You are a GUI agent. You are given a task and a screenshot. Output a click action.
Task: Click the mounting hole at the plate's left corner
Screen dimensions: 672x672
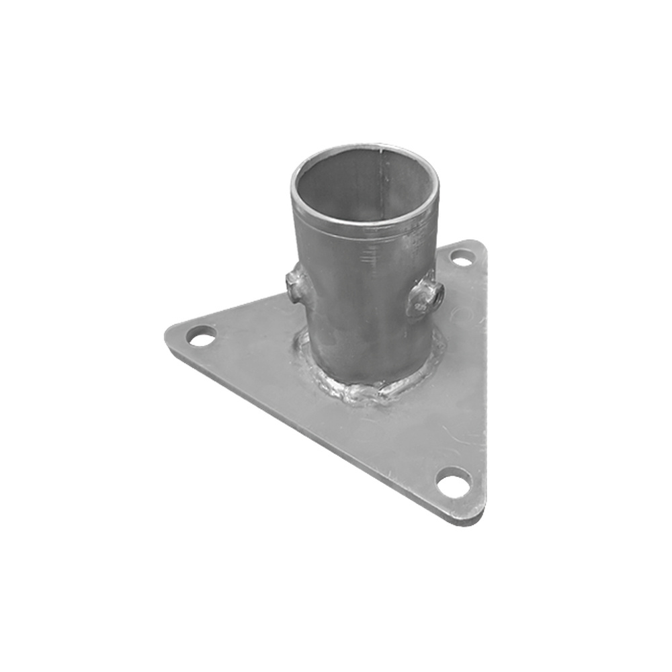[202, 336]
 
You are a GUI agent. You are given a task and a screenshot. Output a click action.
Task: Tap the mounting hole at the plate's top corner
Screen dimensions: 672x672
[461, 257]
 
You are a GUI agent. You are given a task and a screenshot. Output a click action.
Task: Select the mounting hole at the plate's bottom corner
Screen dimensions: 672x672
[453, 482]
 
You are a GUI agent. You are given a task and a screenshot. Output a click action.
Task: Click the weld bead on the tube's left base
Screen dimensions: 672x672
[302, 356]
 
